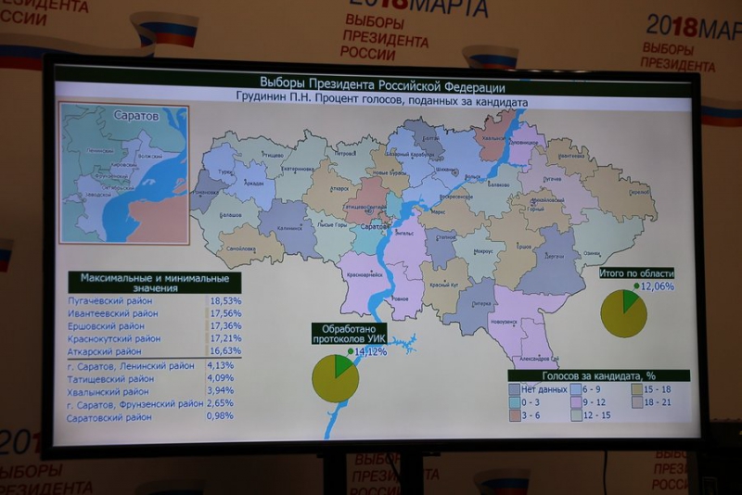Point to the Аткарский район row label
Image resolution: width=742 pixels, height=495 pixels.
click(105, 352)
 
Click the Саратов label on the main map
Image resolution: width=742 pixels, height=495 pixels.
click(374, 226)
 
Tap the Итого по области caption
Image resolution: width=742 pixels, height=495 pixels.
click(635, 273)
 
